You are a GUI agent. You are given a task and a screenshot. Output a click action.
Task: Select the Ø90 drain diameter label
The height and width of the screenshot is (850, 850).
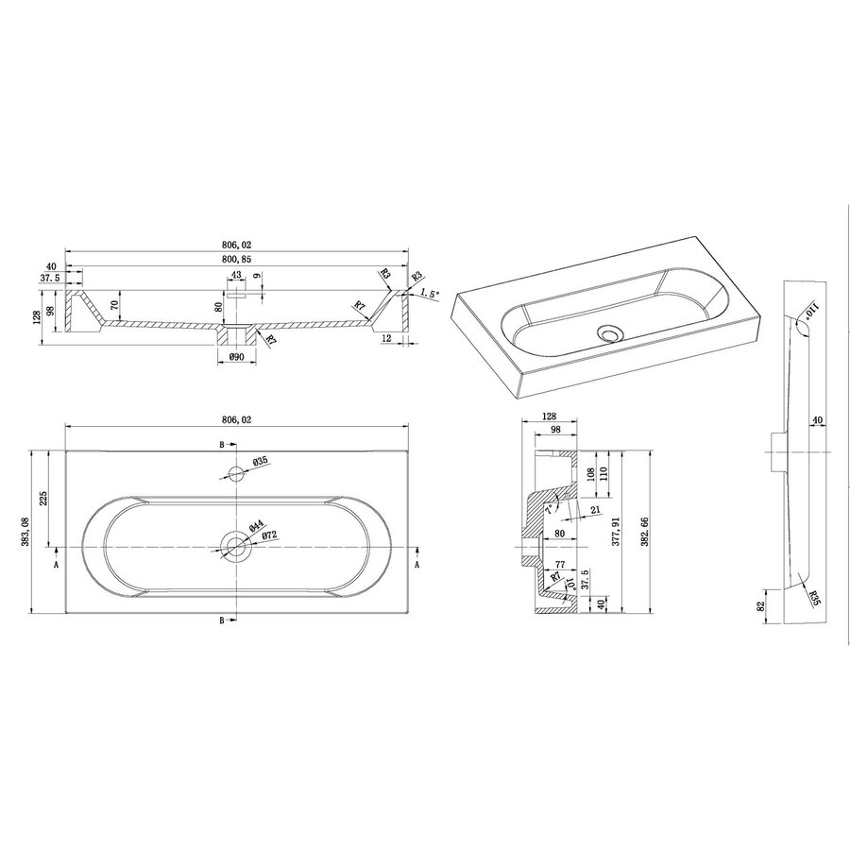[236, 357]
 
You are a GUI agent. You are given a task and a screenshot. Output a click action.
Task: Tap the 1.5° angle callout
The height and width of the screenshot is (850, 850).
[430, 294]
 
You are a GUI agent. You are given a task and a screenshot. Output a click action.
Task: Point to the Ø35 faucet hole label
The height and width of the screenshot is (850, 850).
[262, 461]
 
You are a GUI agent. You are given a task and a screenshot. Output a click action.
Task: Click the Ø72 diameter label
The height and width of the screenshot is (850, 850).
[269, 535]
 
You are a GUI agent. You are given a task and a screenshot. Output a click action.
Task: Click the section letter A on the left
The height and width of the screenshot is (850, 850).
[56, 564]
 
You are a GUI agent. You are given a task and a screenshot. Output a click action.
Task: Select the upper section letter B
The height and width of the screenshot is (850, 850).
[222, 444]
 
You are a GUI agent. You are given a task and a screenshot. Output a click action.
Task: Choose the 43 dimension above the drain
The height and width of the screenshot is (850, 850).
[236, 276]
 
